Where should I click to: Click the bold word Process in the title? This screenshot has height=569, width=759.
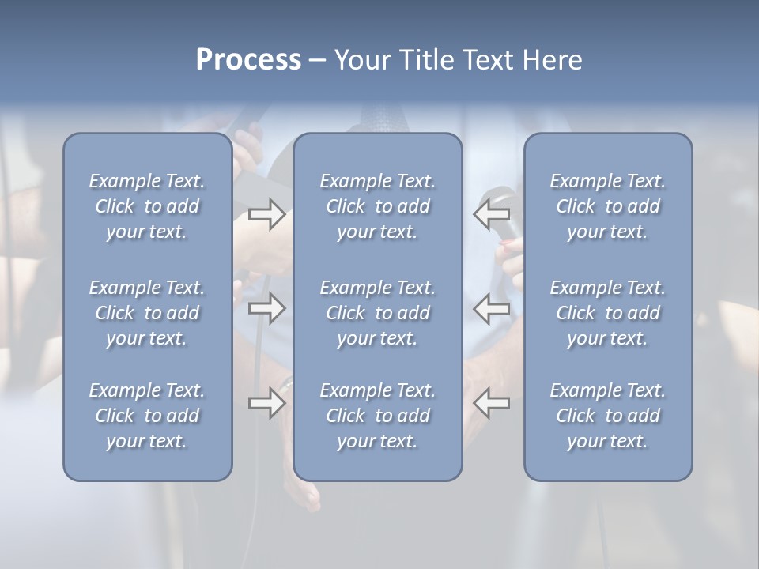pyautogui.click(x=248, y=60)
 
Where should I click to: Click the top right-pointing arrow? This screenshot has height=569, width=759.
pyautogui.click(x=266, y=213)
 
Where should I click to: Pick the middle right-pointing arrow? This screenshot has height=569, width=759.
pyautogui.click(x=266, y=307)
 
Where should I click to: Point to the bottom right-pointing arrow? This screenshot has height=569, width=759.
pyautogui.click(x=266, y=403)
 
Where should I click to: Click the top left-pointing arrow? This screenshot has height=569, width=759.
pyautogui.click(x=491, y=213)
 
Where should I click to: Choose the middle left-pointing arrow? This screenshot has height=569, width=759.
pyautogui.click(x=491, y=307)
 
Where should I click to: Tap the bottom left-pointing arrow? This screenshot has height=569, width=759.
pyautogui.click(x=491, y=403)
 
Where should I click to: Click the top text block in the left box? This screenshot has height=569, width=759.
pyautogui.click(x=147, y=206)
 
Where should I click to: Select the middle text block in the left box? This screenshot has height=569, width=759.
pyautogui.click(x=147, y=313)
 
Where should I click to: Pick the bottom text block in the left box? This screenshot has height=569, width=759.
pyautogui.click(x=147, y=416)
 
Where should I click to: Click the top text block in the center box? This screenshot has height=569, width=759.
pyautogui.click(x=377, y=206)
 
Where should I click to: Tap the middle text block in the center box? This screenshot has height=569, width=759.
pyautogui.click(x=377, y=313)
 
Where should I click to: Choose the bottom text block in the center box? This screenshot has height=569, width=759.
pyautogui.click(x=377, y=416)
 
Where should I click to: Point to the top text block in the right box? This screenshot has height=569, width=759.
pyautogui.click(x=607, y=206)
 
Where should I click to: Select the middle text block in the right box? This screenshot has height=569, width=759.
pyautogui.click(x=607, y=313)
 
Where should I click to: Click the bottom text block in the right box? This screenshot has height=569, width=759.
pyautogui.click(x=607, y=416)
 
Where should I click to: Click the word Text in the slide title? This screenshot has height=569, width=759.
pyautogui.click(x=483, y=60)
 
